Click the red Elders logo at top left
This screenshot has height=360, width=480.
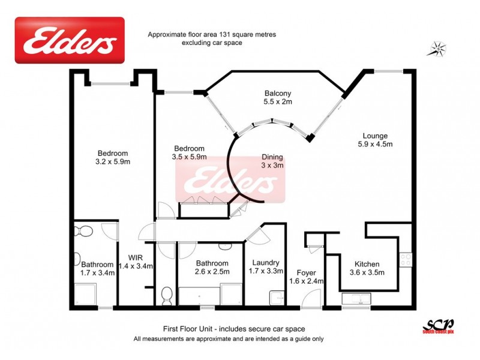pyautogui.click(x=70, y=40)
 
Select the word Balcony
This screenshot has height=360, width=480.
pyautogui.click(x=278, y=93)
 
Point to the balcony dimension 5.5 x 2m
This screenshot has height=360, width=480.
pyautogui.click(x=278, y=102)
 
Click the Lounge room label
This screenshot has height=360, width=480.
pyautogui.click(x=375, y=136)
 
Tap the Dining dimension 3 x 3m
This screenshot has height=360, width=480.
pyautogui.click(x=272, y=166)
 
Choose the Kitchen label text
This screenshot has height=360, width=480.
pyautogui.click(x=367, y=263)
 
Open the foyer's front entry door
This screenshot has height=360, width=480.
pyautogui.click(x=311, y=298)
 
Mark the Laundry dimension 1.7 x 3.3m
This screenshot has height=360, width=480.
pyautogui.click(x=266, y=271)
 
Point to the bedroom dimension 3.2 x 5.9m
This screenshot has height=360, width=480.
pyautogui.click(x=113, y=161)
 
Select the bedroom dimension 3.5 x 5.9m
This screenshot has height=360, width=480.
pyautogui.click(x=190, y=157)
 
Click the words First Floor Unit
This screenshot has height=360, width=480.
pyautogui.click(x=188, y=329)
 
